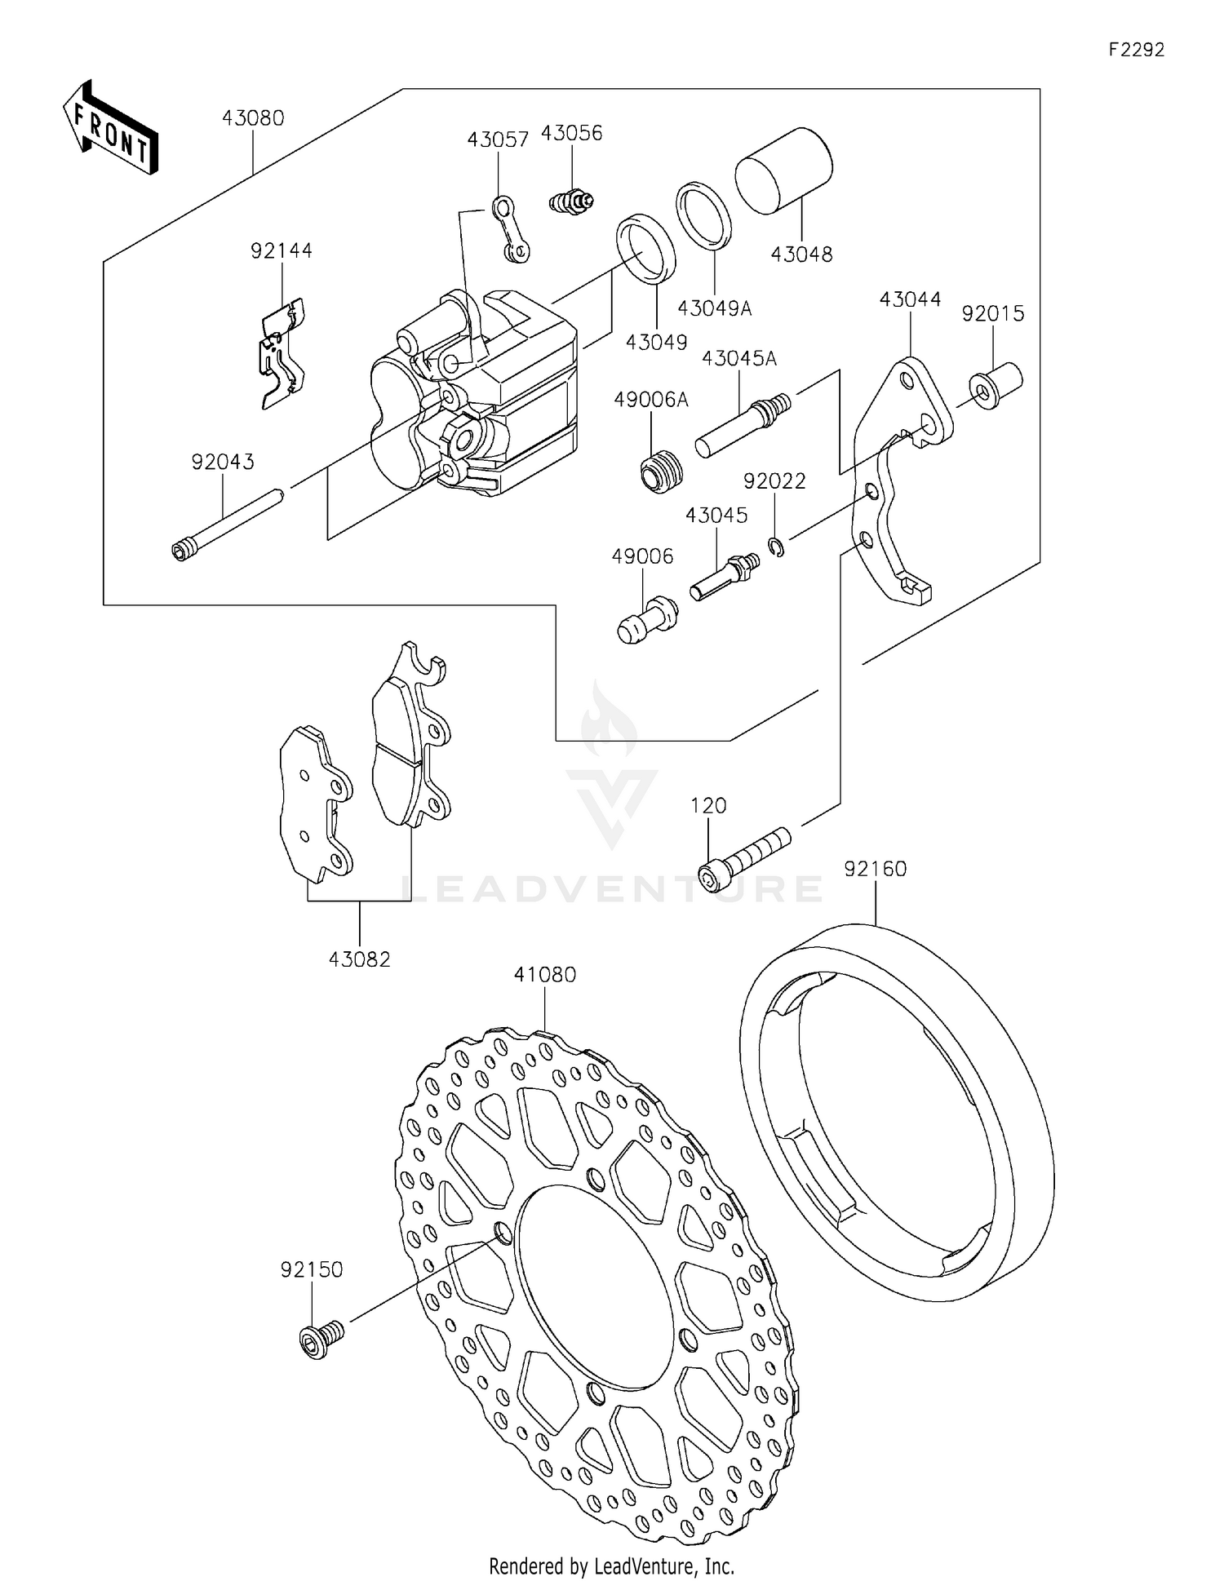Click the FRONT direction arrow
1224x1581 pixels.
pyautogui.click(x=110, y=128)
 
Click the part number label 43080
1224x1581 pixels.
pyautogui.click(x=253, y=118)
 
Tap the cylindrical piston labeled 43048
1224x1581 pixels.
pyautogui.click(x=783, y=170)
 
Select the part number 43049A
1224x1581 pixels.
pyautogui.click(x=714, y=308)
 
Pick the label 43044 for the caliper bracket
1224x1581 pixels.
pyautogui.click(x=910, y=299)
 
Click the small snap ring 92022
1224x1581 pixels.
pyautogui.click(x=777, y=546)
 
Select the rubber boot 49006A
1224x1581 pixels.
pyautogui.click(x=659, y=472)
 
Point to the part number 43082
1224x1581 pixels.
pyautogui.click(x=360, y=959)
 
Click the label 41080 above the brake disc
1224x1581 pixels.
pyautogui.click(x=545, y=975)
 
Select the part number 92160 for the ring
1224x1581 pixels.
pyautogui.click(x=876, y=869)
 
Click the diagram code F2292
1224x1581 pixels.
pyautogui.click(x=1136, y=50)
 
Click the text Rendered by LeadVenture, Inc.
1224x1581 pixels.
pyautogui.click(x=611, y=1566)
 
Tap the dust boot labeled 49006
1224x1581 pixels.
pyautogui.click(x=646, y=620)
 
